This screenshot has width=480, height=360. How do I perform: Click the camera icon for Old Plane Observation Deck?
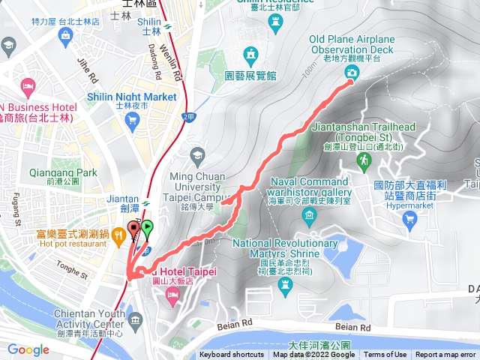[x=351, y=72]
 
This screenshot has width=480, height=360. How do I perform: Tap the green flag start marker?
[x=146, y=226]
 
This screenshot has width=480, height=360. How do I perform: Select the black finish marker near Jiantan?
[x=134, y=228]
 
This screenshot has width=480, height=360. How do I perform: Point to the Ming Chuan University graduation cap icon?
[x=197, y=156]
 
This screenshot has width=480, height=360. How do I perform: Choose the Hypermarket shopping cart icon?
[x=409, y=219]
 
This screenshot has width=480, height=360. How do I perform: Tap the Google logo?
[x=28, y=349]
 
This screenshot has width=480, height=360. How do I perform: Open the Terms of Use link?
[x=385, y=355]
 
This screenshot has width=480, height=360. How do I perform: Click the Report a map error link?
[x=446, y=355]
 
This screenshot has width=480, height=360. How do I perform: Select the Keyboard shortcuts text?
[x=232, y=355]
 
